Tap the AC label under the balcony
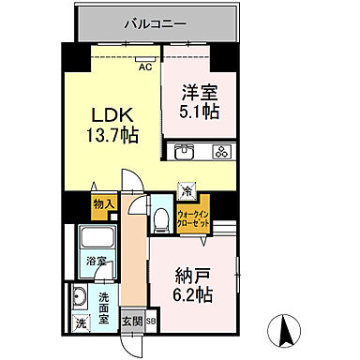[145, 67]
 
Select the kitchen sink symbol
[185, 152]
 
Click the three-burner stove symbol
[222, 152]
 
